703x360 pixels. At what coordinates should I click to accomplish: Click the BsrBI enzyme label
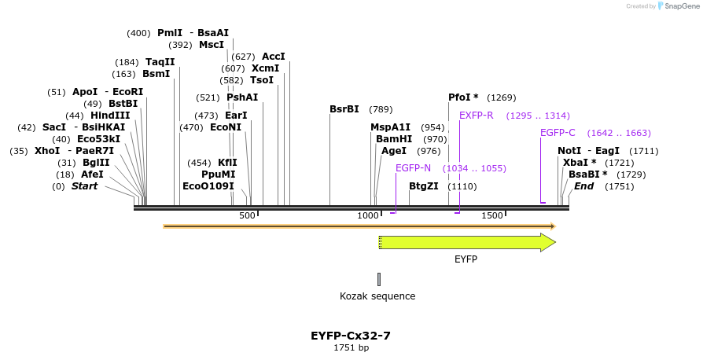[x=344, y=109]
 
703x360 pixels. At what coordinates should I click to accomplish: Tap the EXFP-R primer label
[x=477, y=116]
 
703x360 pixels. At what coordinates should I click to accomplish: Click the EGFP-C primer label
[x=558, y=133]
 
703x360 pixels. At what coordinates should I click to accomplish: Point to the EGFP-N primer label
[x=413, y=168]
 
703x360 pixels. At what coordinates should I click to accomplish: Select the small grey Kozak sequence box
[x=378, y=279]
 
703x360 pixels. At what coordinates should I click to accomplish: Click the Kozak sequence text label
[x=377, y=296]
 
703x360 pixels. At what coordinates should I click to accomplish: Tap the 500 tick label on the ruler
[x=248, y=216]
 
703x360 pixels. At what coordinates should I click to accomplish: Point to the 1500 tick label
[x=492, y=216]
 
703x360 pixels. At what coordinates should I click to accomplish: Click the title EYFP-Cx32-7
[x=351, y=336]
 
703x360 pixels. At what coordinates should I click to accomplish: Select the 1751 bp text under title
[x=351, y=347]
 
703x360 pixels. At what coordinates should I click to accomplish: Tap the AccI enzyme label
[x=274, y=57]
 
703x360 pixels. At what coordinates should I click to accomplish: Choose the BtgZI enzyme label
[x=424, y=186]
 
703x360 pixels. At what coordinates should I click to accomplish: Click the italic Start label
[x=85, y=186]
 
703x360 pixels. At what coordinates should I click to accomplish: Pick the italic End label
[x=583, y=186]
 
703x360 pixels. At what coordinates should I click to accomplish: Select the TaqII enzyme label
[x=160, y=62]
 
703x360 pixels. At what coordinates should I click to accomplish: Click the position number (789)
[x=381, y=109]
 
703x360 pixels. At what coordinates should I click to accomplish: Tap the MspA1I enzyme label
[x=391, y=127]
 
